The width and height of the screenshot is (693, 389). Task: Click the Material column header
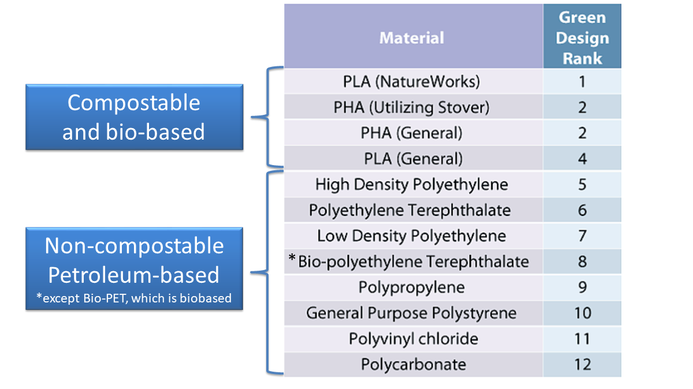tap(412, 38)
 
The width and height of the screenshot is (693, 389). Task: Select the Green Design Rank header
tap(582, 38)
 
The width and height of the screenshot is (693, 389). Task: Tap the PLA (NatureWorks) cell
tap(412, 82)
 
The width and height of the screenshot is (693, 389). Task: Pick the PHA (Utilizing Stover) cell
tap(412, 107)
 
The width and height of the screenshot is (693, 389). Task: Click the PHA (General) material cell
tap(412, 133)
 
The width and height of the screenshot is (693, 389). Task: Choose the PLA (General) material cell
tap(412, 159)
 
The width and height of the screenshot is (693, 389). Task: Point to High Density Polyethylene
tap(412, 185)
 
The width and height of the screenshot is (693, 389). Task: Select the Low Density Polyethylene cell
tap(412, 236)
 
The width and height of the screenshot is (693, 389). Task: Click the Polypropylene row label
tap(412, 287)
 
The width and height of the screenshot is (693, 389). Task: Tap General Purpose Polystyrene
tap(412, 313)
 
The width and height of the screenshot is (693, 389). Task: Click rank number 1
tap(582, 82)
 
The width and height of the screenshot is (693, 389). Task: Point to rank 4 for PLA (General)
tap(582, 159)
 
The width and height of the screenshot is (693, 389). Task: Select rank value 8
tap(582, 261)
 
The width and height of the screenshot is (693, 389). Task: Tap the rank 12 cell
tap(582, 364)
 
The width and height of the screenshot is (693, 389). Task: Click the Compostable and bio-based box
tap(134, 117)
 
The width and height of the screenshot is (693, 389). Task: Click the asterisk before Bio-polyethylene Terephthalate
tap(292, 260)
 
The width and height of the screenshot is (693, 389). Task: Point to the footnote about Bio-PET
tap(133, 298)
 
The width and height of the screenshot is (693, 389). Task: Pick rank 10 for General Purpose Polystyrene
tap(582, 313)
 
